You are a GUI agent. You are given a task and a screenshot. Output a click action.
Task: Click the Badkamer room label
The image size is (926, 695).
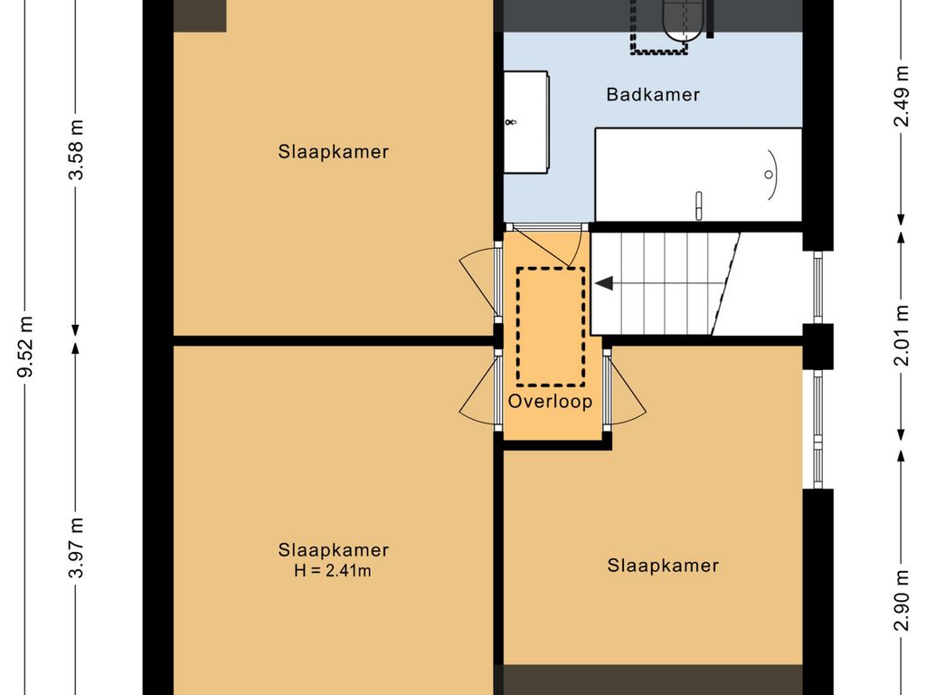[x=653, y=94]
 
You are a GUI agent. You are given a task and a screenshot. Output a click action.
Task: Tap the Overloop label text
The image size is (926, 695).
[x=550, y=401]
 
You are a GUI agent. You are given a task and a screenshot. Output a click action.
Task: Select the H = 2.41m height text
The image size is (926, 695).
[x=333, y=571]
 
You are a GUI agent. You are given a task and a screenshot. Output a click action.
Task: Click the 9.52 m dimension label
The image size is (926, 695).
[x=25, y=347]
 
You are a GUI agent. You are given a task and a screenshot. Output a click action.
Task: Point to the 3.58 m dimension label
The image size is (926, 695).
[x=76, y=149]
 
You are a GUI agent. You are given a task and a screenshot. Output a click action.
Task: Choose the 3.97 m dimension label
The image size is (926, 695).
[x=76, y=547]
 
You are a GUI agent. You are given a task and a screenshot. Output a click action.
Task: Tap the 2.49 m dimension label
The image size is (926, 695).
[x=902, y=96]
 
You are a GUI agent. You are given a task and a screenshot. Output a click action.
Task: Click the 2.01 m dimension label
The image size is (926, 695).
[x=902, y=335]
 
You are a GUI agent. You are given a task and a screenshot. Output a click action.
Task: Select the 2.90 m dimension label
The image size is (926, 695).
[x=902, y=601]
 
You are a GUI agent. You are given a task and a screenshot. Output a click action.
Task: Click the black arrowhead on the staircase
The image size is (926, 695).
[x=603, y=283]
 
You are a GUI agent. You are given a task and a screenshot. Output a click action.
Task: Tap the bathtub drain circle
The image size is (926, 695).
[x=769, y=175]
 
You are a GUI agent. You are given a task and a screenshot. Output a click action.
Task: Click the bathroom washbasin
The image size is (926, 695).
[x=525, y=122]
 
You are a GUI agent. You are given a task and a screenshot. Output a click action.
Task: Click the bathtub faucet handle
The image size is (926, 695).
[x=699, y=205]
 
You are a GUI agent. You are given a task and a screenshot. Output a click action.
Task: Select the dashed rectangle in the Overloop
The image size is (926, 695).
[x=551, y=327]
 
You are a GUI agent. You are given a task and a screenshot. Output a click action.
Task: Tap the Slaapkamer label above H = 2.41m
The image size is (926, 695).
[x=333, y=550]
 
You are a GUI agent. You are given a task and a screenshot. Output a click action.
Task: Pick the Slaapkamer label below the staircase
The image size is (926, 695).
[x=663, y=566]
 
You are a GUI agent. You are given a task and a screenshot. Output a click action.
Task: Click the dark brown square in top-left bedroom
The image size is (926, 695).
[x=200, y=15]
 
